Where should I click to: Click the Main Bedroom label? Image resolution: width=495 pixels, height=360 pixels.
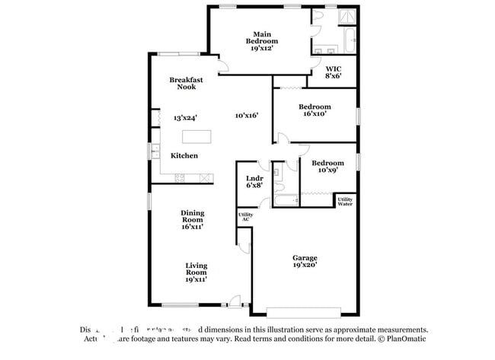(x=261, y=40)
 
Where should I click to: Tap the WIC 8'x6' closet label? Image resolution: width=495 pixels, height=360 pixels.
(x=333, y=72)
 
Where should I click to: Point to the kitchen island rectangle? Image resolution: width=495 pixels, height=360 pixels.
(x=196, y=137)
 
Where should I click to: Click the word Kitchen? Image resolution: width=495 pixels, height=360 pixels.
(x=184, y=156)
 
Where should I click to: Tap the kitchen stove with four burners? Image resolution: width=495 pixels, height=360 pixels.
(x=180, y=178)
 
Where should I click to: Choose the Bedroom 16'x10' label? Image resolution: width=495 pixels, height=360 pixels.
(x=315, y=110)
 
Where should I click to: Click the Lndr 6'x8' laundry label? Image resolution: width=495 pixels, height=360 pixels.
(x=254, y=181)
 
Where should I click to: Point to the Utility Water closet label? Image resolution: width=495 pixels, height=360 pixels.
(x=345, y=201)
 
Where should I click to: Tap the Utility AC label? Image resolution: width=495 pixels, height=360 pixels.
(x=245, y=217)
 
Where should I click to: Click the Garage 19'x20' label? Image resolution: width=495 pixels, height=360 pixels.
(x=305, y=261)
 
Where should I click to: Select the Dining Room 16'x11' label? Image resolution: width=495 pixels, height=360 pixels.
(x=192, y=220)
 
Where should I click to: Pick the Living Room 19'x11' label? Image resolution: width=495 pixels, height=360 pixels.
(x=196, y=272)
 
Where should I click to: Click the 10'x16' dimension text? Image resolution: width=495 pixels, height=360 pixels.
(x=246, y=116)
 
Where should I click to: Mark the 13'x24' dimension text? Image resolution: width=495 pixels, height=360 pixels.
(x=185, y=118)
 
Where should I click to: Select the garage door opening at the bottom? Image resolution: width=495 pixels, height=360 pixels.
(x=304, y=311)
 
